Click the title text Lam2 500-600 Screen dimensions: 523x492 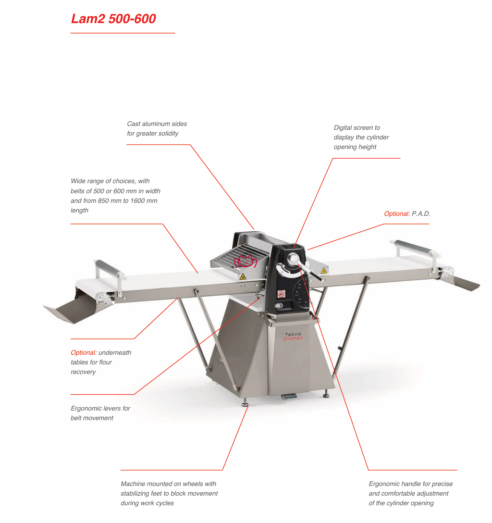tap(113, 19)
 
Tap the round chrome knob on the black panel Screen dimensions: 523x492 tap(293, 260)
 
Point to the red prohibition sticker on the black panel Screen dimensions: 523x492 tap(281, 294)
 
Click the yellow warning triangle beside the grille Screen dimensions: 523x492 tap(243, 276)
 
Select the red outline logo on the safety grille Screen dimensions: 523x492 tap(246, 261)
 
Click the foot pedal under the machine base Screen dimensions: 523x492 tap(287, 397)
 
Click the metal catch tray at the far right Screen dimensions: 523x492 tap(465, 283)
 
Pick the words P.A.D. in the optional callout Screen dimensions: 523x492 tap(421, 214)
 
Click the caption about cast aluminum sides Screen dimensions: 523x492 tap(157, 129)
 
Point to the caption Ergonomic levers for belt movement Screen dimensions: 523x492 tap(100, 413)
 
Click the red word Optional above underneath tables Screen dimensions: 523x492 tap(84, 353)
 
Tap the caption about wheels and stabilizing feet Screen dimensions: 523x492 tap(169, 493)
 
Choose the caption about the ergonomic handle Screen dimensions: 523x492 tap(410, 493)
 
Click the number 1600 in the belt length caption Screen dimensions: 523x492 tap(139, 200)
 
